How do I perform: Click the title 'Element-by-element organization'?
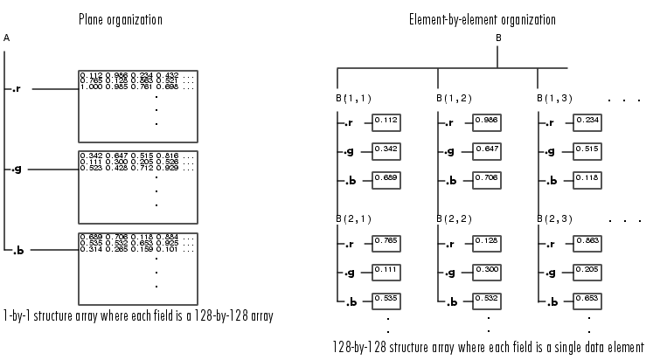(482, 19)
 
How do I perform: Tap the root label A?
(7, 39)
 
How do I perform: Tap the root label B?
(498, 38)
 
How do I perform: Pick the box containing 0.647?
(488, 150)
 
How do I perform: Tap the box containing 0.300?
(488, 270)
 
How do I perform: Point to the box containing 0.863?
(588, 239)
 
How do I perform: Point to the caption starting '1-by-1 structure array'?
(138, 315)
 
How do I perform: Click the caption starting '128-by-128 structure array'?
(489, 347)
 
